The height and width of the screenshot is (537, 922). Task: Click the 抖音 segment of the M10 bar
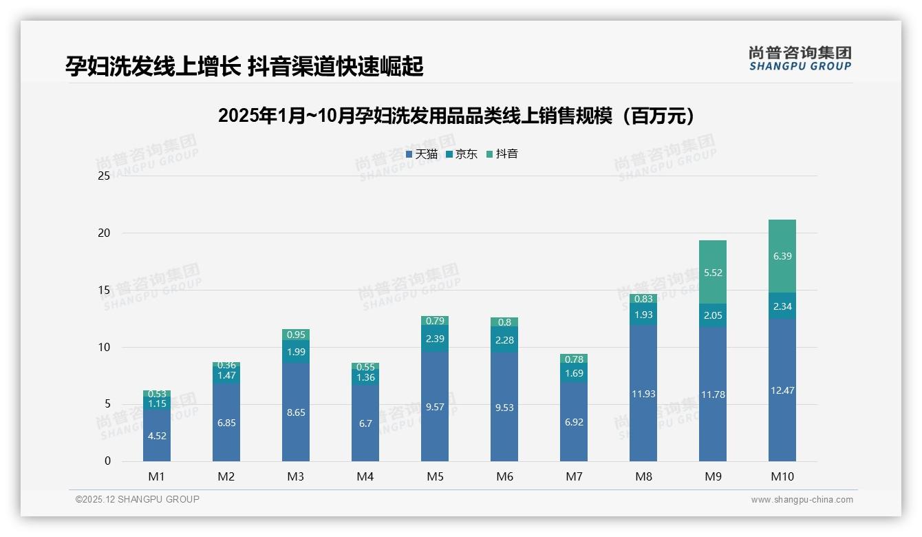[x=782, y=256]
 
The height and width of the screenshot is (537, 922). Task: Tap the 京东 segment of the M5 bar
[x=435, y=339]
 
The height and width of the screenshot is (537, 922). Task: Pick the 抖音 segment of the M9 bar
[x=712, y=272]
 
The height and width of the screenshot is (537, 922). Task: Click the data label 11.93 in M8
[x=643, y=394]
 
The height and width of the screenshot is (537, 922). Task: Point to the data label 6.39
[x=782, y=256]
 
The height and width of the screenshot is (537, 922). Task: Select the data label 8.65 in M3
[x=296, y=412]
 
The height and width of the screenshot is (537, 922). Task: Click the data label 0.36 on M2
[x=226, y=365]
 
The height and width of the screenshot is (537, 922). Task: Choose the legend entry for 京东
[x=462, y=154]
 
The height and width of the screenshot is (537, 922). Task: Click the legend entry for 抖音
[x=502, y=154]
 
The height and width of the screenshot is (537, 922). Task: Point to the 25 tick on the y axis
[x=104, y=176]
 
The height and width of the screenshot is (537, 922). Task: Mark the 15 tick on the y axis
[x=104, y=291]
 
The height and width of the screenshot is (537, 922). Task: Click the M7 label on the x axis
[x=574, y=476]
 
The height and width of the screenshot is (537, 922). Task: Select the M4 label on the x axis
[x=365, y=476]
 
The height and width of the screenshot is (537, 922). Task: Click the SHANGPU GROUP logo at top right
[x=800, y=59]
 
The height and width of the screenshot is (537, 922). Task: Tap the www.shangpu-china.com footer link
[x=802, y=500]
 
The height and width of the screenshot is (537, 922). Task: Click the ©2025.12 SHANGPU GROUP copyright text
[x=138, y=500]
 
